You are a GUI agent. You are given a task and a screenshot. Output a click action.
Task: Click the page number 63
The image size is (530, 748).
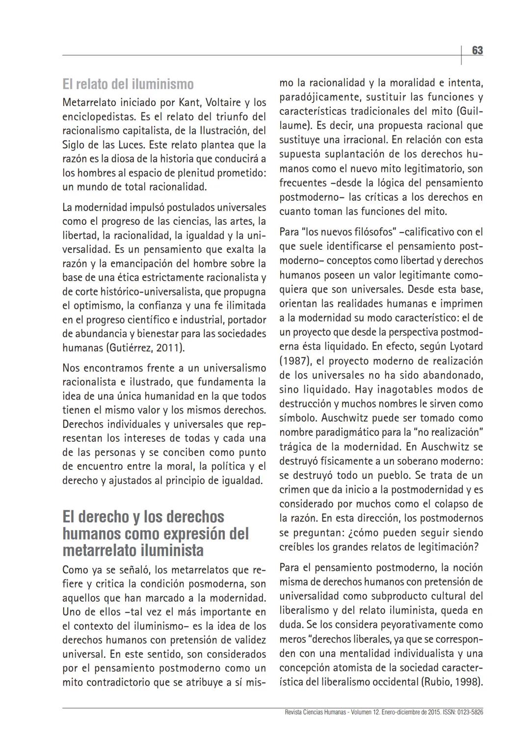point(477,51)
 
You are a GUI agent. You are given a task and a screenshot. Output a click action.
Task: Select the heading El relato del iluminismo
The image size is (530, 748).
point(128,84)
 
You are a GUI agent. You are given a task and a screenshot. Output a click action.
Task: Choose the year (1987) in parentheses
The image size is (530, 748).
point(294,361)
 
